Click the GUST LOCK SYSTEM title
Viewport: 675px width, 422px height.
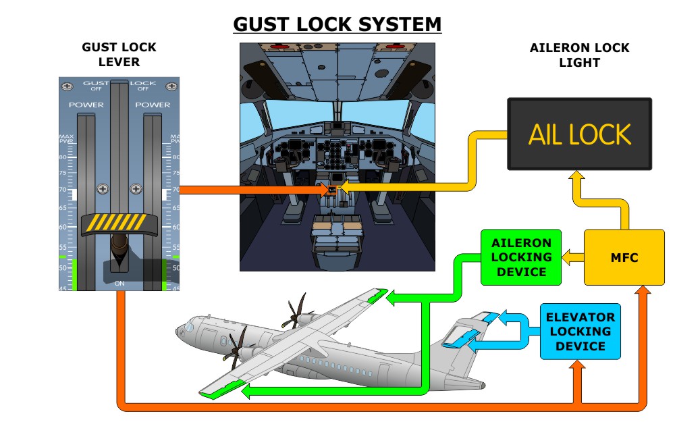pyautogui.click(x=337, y=24)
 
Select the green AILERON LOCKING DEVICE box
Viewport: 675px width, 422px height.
pyautogui.click(x=521, y=257)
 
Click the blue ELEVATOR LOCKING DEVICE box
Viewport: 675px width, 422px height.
pyautogui.click(x=580, y=332)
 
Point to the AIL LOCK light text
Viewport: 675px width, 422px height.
pyautogui.click(x=580, y=134)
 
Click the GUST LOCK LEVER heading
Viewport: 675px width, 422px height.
pyautogui.click(x=119, y=55)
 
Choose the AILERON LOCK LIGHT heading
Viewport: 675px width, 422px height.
pyautogui.click(x=580, y=55)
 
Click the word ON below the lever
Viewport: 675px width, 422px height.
pyautogui.click(x=119, y=284)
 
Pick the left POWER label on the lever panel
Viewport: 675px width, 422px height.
pyautogui.click(x=86, y=105)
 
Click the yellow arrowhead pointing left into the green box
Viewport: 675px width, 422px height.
pyautogui.click(x=568, y=257)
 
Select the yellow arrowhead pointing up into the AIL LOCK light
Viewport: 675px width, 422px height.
pyautogui.click(x=575, y=177)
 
